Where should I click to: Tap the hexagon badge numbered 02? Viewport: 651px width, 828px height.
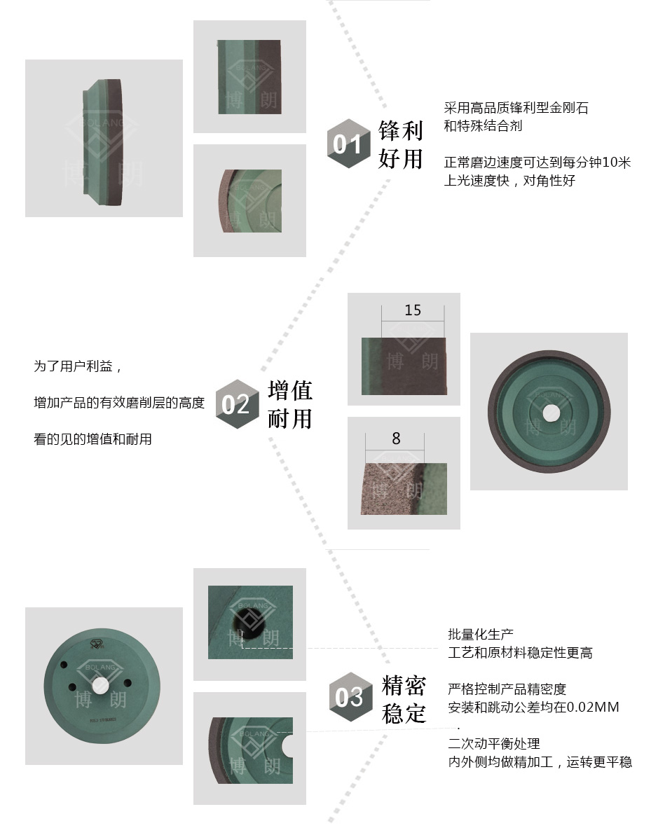pos(238,404)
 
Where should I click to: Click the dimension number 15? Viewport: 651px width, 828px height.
pos(413,310)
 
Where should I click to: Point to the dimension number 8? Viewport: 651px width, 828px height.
pos(397,439)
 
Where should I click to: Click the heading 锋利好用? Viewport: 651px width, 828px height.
pos(401,144)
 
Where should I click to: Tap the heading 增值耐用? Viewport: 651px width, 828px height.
pos(290,404)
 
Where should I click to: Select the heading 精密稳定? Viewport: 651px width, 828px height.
pos(404,699)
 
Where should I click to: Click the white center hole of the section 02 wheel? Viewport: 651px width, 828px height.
pos(551,413)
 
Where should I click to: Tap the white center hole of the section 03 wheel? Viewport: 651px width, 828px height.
pos(100,686)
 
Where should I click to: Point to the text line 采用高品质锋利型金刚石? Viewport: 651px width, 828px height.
pos(516,108)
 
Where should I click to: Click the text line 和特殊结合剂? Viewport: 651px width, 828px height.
pos(483,125)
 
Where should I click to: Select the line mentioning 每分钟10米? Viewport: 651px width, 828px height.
pos(537,162)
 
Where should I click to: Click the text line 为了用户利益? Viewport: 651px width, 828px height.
pos(78,366)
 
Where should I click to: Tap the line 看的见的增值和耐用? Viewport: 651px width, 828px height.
pos(93,439)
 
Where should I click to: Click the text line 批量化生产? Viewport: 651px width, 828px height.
pos(481,634)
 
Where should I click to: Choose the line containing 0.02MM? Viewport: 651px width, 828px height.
pos(534,707)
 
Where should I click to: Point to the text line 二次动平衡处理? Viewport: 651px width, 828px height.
pos(494,744)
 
